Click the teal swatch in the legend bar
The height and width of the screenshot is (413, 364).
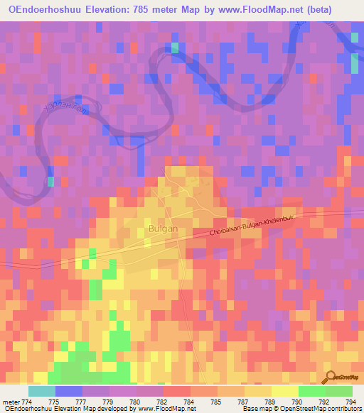point(41,392)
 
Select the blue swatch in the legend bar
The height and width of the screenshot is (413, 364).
point(68,392)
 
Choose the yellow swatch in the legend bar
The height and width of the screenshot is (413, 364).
point(284,392)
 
